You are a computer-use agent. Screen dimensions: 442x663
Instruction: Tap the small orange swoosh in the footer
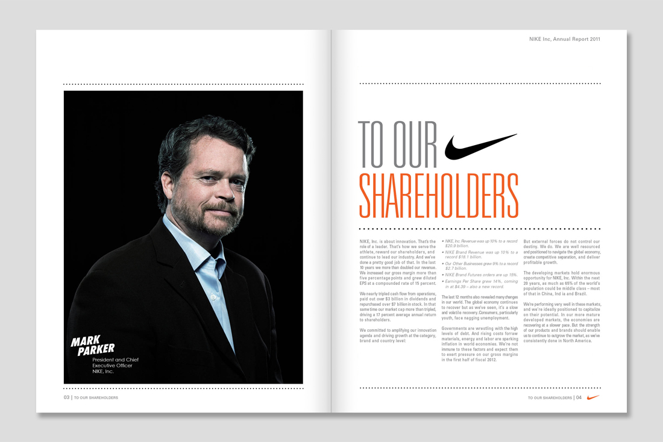[592, 397]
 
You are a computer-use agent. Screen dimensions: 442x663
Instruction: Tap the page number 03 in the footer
[67, 398]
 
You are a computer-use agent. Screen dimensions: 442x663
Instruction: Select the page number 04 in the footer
[579, 398]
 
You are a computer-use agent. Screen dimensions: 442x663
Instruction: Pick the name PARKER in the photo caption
[95, 350]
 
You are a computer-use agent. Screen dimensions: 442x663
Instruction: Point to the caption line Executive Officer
[112, 366]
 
